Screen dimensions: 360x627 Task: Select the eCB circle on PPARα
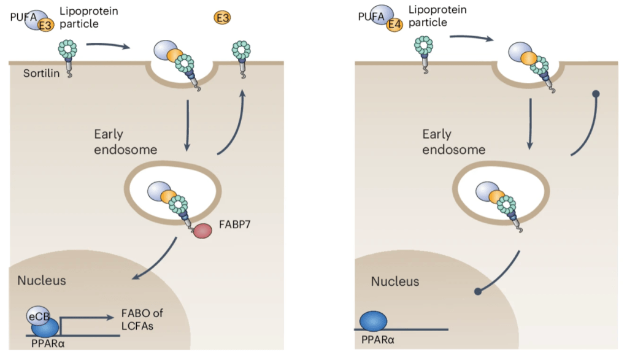(x=36, y=315)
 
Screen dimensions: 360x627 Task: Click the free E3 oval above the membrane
(x=222, y=18)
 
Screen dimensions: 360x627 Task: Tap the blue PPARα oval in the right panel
(x=373, y=321)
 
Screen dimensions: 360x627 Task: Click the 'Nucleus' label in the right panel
(x=395, y=281)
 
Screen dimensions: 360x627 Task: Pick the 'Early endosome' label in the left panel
(x=117, y=142)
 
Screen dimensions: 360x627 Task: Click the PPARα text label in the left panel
(x=48, y=345)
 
